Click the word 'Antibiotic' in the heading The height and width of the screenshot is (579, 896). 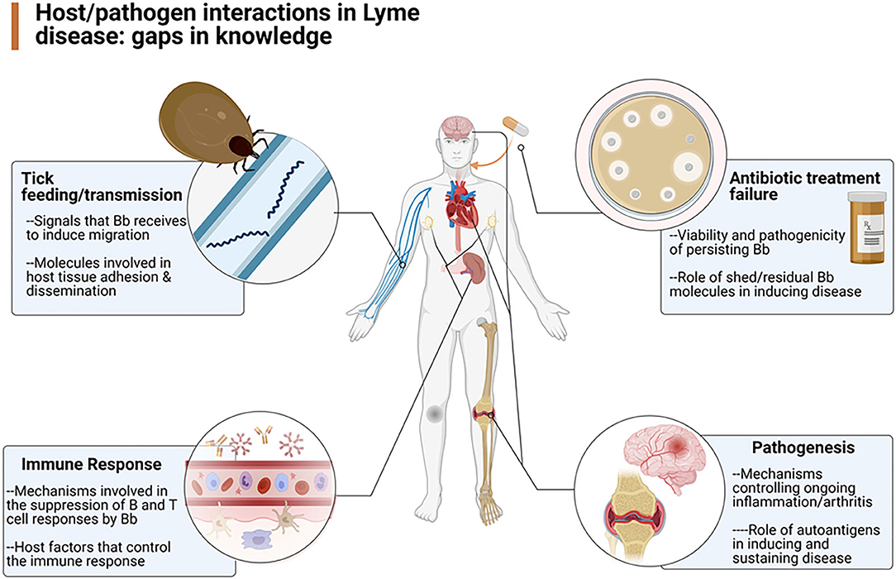[x=760, y=178]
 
